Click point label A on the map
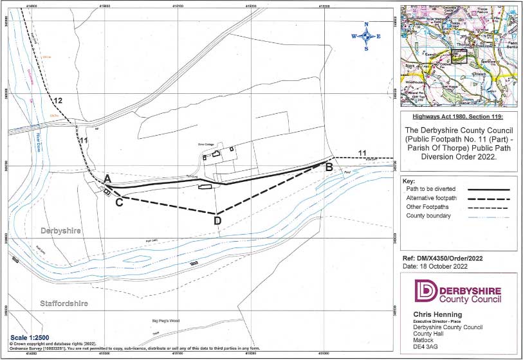(108, 178)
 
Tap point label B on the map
(329, 168)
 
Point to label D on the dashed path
(217, 221)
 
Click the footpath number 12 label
(58, 101)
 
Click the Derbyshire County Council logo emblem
(425, 291)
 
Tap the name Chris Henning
(433, 315)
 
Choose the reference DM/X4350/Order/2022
(446, 258)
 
